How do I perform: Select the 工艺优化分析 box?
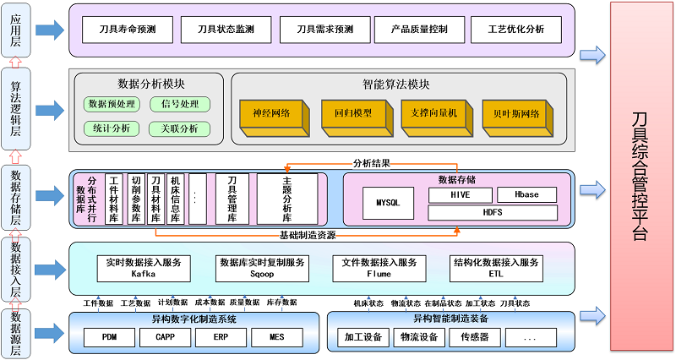click(x=516, y=30)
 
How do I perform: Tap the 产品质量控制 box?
click(x=419, y=30)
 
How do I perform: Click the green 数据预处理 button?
click(x=112, y=104)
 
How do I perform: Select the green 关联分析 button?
click(x=179, y=128)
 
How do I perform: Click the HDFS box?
click(x=493, y=213)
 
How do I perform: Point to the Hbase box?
click(x=526, y=194)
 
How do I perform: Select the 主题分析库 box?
click(x=287, y=199)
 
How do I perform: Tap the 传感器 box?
click(x=468, y=337)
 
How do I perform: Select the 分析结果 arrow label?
click(x=373, y=161)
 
